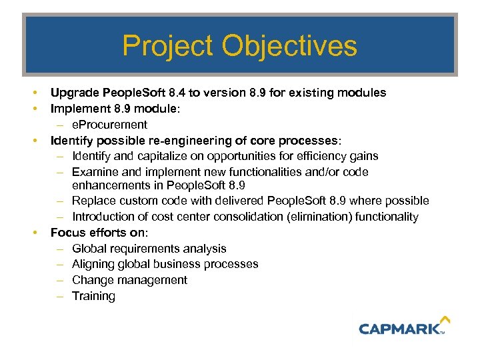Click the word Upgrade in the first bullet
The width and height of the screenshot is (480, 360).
[73, 93]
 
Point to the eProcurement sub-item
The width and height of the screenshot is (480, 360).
[109, 125]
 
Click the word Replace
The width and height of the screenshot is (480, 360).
[93, 201]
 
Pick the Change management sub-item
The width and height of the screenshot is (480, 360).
[129, 280]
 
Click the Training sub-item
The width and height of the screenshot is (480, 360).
[93, 296]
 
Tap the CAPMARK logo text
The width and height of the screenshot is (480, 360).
[399, 328]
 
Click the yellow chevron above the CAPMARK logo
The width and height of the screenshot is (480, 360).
[445, 320]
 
